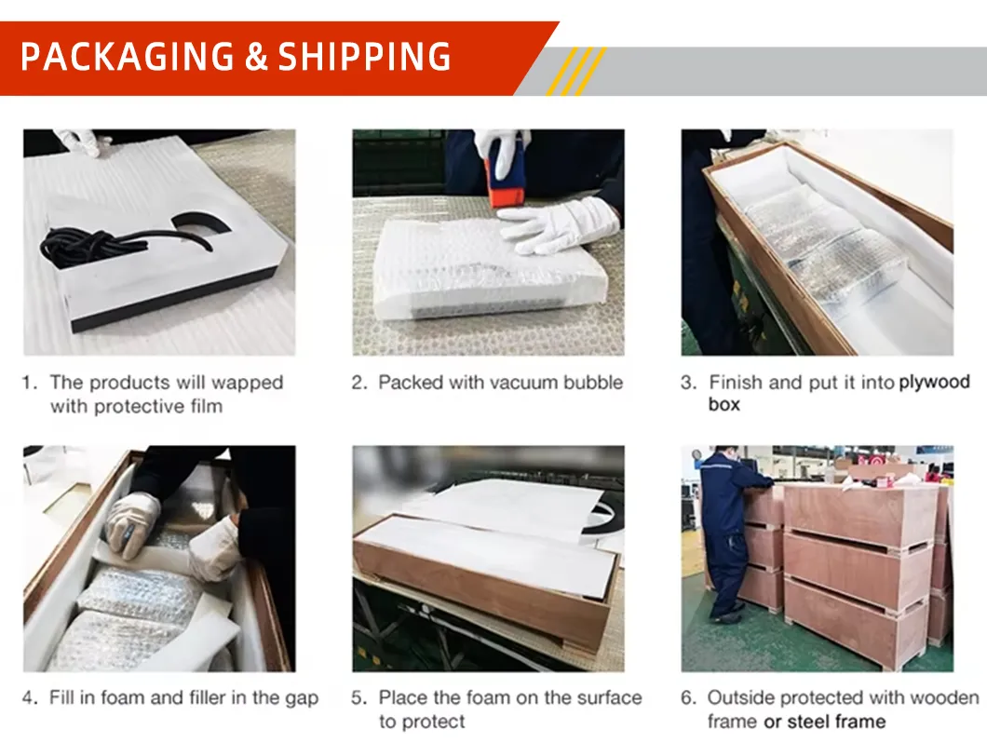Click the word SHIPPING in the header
366,58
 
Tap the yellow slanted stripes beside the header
575,71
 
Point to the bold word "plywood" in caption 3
934,382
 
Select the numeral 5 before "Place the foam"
358,698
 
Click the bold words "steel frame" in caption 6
836,722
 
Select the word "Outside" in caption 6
741,697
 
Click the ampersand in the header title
256,58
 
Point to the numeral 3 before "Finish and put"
687,383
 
